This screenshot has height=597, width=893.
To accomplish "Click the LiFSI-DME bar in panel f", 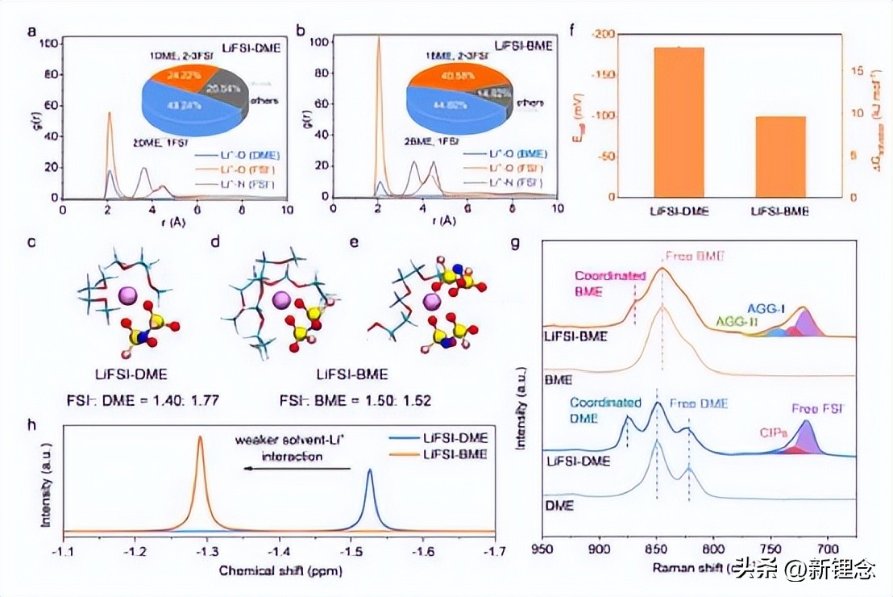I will pos(679,121).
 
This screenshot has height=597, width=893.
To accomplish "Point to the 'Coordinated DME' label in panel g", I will pos(605,409).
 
